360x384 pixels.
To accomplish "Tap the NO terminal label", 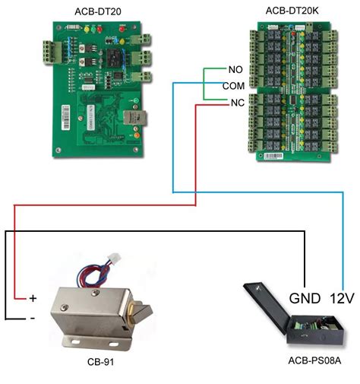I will coord(235,69).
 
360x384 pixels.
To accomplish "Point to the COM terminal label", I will coord(233,86).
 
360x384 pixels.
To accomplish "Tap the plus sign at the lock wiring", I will coord(33,298).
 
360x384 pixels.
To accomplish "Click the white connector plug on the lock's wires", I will coord(115,259).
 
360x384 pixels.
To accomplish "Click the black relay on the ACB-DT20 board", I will coord(114,60).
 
